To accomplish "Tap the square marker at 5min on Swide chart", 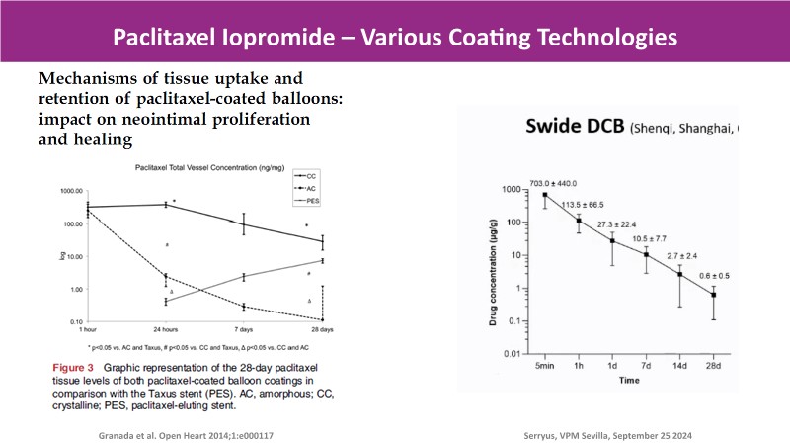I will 544,194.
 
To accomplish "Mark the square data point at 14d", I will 679,274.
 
